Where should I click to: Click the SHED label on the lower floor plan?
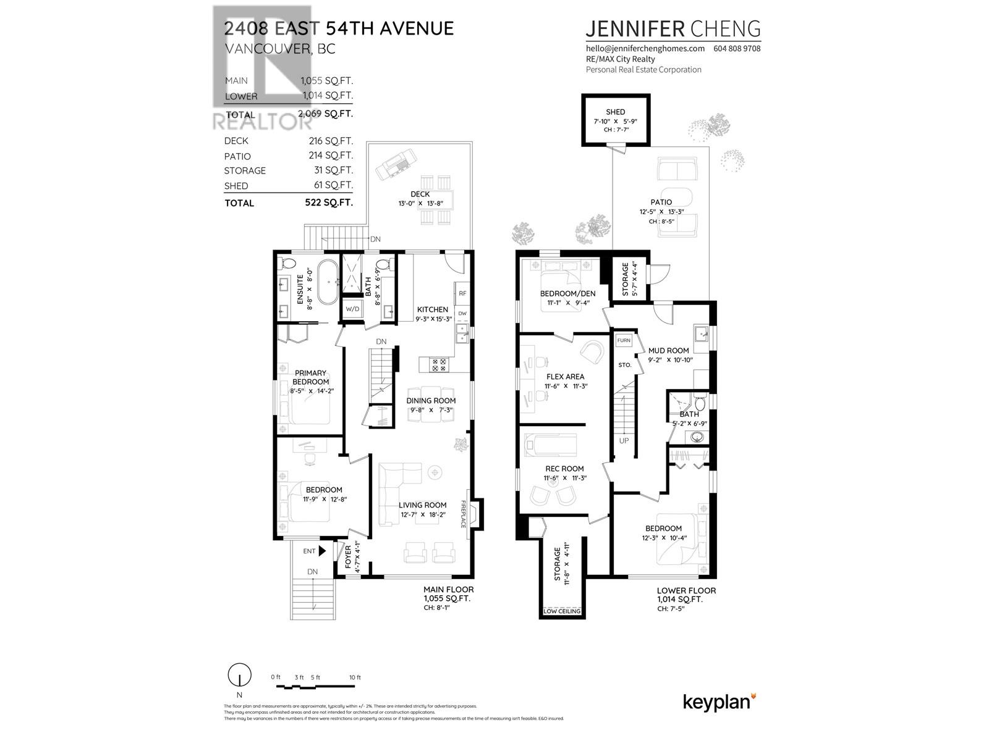(x=615, y=112)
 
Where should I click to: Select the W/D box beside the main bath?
(x=352, y=309)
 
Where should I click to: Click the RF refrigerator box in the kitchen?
(x=462, y=294)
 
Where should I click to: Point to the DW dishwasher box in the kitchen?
(x=462, y=314)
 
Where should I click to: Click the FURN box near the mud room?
(x=624, y=340)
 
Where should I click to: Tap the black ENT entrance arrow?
(x=321, y=551)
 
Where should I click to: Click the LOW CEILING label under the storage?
(x=562, y=611)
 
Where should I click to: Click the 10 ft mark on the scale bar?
(x=355, y=678)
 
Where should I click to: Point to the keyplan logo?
(x=719, y=702)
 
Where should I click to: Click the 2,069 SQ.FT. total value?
(x=325, y=114)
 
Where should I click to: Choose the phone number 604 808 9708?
(x=737, y=48)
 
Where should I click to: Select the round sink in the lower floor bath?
(x=697, y=437)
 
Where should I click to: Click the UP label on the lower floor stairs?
(x=624, y=441)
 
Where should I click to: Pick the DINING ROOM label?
(x=431, y=401)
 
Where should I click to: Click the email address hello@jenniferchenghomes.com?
(x=645, y=48)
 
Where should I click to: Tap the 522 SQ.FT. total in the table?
(x=328, y=203)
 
